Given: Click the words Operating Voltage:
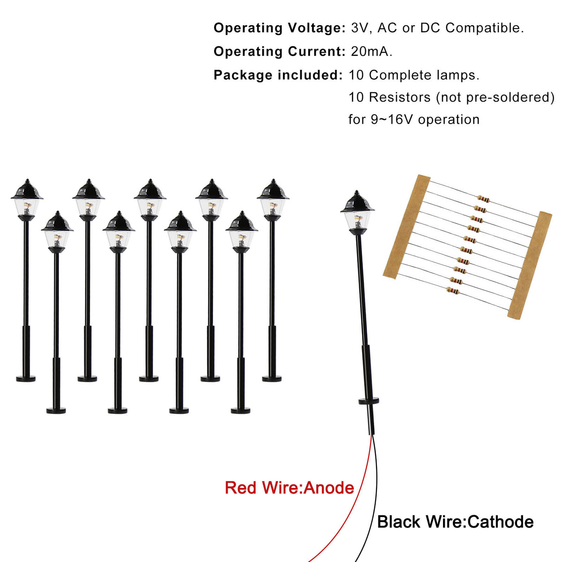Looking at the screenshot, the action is pyautogui.click(x=280, y=28).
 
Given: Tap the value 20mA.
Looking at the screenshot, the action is pyautogui.click(x=371, y=52).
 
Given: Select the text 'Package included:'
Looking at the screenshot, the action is pyautogui.click(x=278, y=75).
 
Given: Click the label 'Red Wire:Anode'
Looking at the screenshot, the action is pyautogui.click(x=289, y=488).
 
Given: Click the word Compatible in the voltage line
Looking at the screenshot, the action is pyautogui.click(x=484, y=28).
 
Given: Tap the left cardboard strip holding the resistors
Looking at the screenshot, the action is pyautogui.click(x=407, y=227).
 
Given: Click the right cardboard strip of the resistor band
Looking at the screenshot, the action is pyautogui.click(x=529, y=265).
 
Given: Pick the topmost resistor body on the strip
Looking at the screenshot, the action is pyautogui.click(x=483, y=200).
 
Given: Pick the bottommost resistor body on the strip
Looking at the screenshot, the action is pyautogui.click(x=452, y=290).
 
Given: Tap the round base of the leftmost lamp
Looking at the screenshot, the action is pyautogui.click(x=26, y=379).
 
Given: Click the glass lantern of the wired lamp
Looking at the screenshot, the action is pyautogui.click(x=357, y=221).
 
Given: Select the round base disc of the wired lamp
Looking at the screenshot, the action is pyautogui.click(x=369, y=401).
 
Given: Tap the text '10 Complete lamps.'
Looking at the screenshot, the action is pyautogui.click(x=414, y=75).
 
